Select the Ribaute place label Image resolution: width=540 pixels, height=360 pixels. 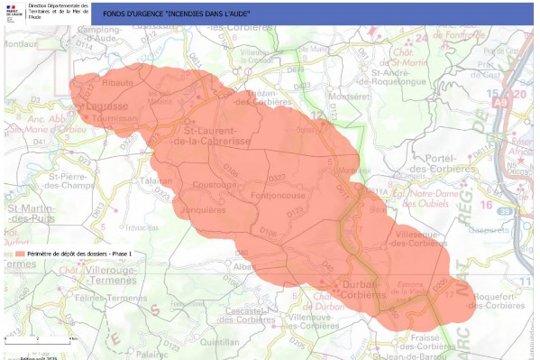click(118, 82)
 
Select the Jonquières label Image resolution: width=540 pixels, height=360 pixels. click(204, 209)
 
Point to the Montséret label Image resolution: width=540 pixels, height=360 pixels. click(350, 96)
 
